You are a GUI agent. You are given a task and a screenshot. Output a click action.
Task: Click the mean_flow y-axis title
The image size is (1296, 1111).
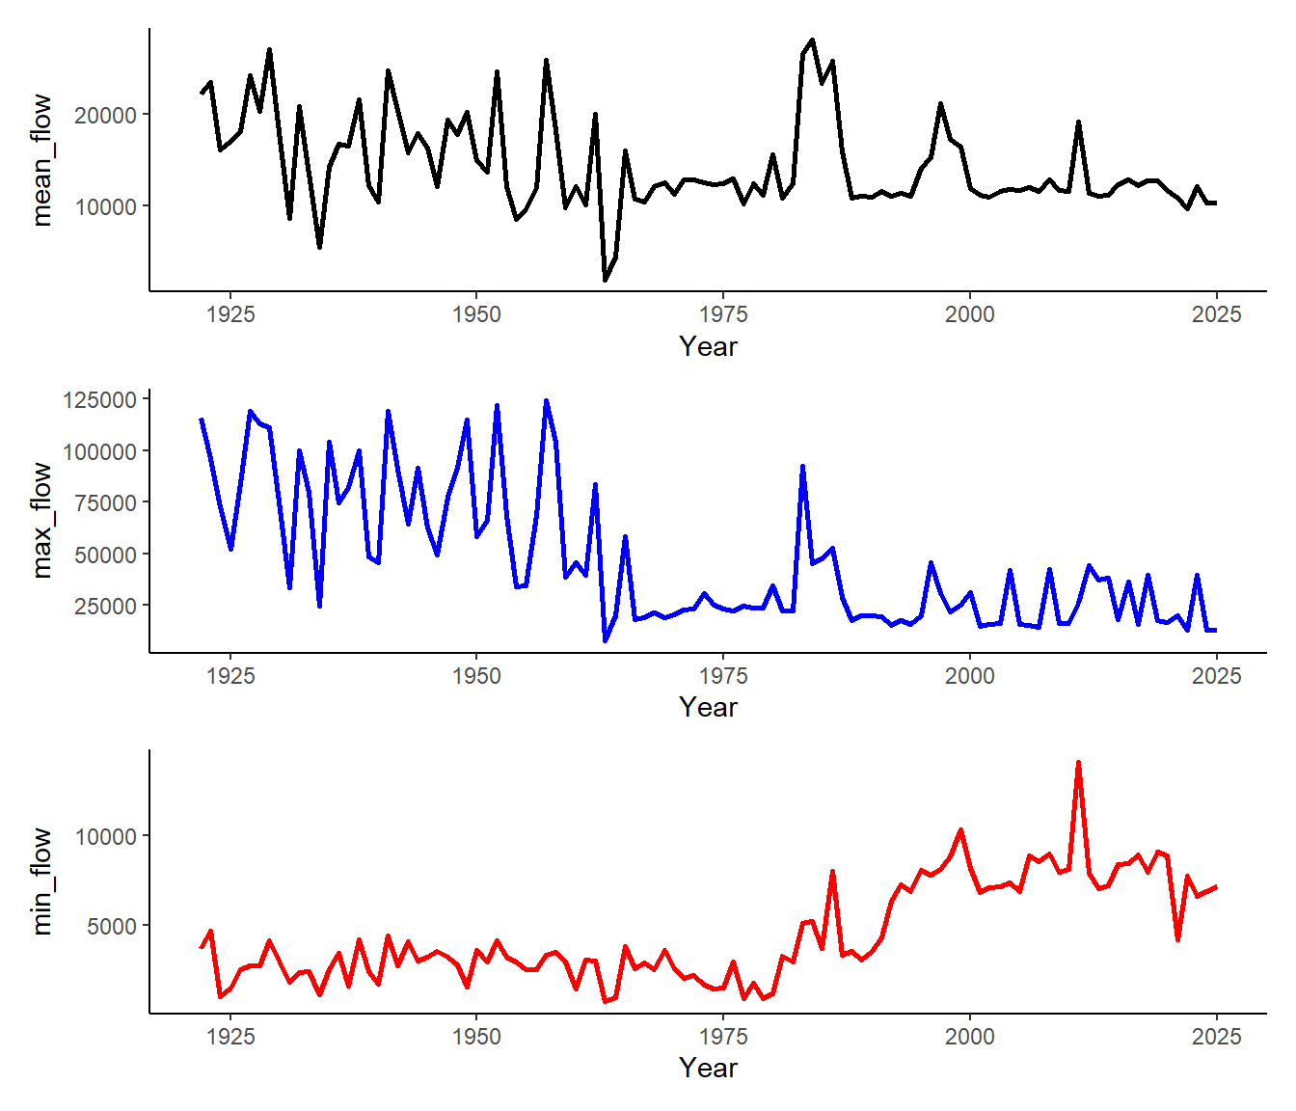(41, 160)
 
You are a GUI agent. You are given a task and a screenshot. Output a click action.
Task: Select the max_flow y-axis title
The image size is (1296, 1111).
(41, 521)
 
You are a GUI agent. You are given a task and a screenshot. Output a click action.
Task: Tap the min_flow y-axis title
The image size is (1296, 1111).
(41, 881)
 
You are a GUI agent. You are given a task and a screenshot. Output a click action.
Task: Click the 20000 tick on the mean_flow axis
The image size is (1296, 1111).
(106, 115)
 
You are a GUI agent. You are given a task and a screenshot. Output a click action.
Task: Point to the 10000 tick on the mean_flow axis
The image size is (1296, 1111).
(106, 206)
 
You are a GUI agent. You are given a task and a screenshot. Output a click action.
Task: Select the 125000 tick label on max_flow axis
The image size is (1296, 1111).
(99, 399)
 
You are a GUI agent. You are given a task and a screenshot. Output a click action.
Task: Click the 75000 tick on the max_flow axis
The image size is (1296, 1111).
(106, 502)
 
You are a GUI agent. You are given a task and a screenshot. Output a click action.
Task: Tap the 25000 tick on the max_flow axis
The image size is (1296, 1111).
(106, 606)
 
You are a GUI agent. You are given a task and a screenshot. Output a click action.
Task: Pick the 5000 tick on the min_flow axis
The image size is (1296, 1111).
(112, 926)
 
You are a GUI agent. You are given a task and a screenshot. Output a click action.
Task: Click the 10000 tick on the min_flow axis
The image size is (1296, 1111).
(106, 836)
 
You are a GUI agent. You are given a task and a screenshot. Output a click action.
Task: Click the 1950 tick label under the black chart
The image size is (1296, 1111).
(476, 314)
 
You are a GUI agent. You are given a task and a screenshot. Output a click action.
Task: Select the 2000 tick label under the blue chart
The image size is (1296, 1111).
(969, 676)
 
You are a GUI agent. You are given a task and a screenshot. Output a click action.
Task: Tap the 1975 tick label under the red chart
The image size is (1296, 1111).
(723, 1037)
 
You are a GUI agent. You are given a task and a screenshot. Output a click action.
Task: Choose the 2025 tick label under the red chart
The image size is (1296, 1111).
(1216, 1037)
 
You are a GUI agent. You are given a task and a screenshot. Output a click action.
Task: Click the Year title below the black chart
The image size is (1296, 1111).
(708, 347)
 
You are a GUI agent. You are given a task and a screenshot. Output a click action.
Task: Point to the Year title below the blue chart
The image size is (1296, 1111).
(708, 708)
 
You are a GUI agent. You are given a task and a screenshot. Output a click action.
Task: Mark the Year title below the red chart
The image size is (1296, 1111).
(708, 1069)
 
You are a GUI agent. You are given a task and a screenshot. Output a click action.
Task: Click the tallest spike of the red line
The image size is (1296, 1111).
(1078, 762)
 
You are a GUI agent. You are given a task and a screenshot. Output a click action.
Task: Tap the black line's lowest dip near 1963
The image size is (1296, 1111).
(606, 281)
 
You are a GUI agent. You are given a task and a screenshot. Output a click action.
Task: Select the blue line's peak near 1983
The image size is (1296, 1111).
(802, 467)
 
